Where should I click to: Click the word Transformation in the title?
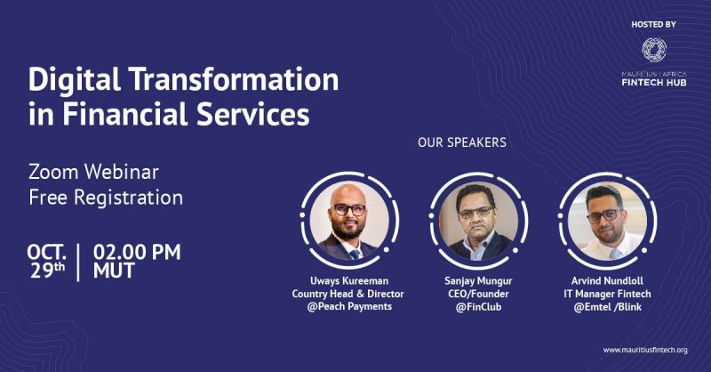pyautogui.click(x=235, y=79)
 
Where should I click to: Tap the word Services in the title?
pyautogui.click(x=253, y=114)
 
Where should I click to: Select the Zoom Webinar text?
pyautogui.click(x=94, y=172)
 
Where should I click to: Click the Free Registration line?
pyautogui.click(x=106, y=198)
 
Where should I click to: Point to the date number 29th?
pyautogui.click(x=48, y=271)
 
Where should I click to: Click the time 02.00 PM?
pyautogui.click(x=137, y=252)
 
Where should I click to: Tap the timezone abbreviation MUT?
pyautogui.click(x=114, y=271)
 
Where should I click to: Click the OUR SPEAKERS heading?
pyautogui.click(x=462, y=142)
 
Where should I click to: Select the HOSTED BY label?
pyautogui.click(x=653, y=25)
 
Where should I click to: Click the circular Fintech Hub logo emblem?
pyautogui.click(x=654, y=50)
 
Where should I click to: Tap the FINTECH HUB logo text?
pyautogui.click(x=654, y=83)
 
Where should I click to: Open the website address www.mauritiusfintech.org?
pyautogui.click(x=645, y=351)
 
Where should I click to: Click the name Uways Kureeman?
pyautogui.click(x=349, y=280)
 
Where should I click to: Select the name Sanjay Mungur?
pyautogui.click(x=478, y=280)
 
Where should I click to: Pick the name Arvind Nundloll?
pyautogui.click(x=607, y=280)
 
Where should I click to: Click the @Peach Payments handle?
pyautogui.click(x=349, y=307)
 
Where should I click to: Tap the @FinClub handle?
pyautogui.click(x=478, y=307)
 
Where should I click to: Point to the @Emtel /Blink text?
pyautogui.click(x=607, y=307)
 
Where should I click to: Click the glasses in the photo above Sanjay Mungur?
pyautogui.click(x=475, y=212)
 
